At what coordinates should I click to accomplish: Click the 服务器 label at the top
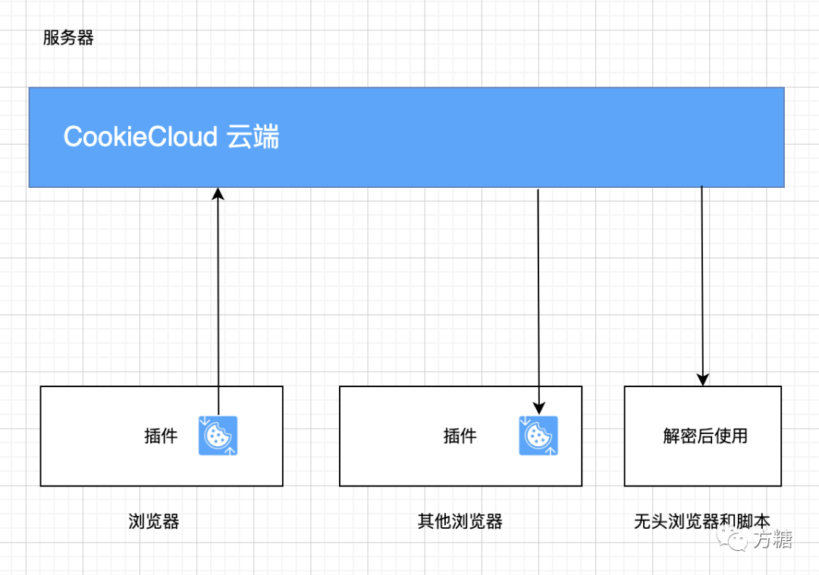pos(68,39)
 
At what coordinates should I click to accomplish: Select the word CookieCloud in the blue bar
pos(141,137)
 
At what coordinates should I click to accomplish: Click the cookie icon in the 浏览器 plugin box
pos(218,436)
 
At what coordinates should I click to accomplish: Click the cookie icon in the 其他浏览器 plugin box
pos(538,436)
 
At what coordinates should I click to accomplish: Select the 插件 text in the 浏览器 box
pos(161,436)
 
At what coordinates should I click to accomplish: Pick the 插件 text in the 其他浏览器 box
pos(460,436)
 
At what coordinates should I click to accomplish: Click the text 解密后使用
pos(705,436)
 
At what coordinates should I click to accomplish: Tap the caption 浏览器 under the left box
pos(154,522)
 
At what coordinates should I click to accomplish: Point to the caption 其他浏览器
pos(460,522)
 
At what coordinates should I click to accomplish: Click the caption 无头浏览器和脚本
pos(701,522)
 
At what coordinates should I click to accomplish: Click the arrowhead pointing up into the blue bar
pos(218,194)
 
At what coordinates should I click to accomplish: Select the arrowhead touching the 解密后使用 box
pos(702,380)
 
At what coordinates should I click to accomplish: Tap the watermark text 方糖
pos(772,539)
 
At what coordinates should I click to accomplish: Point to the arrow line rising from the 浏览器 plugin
pos(218,303)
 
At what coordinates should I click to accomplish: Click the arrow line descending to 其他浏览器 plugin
pos(538,295)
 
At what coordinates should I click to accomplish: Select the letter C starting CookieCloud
pos(73,137)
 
